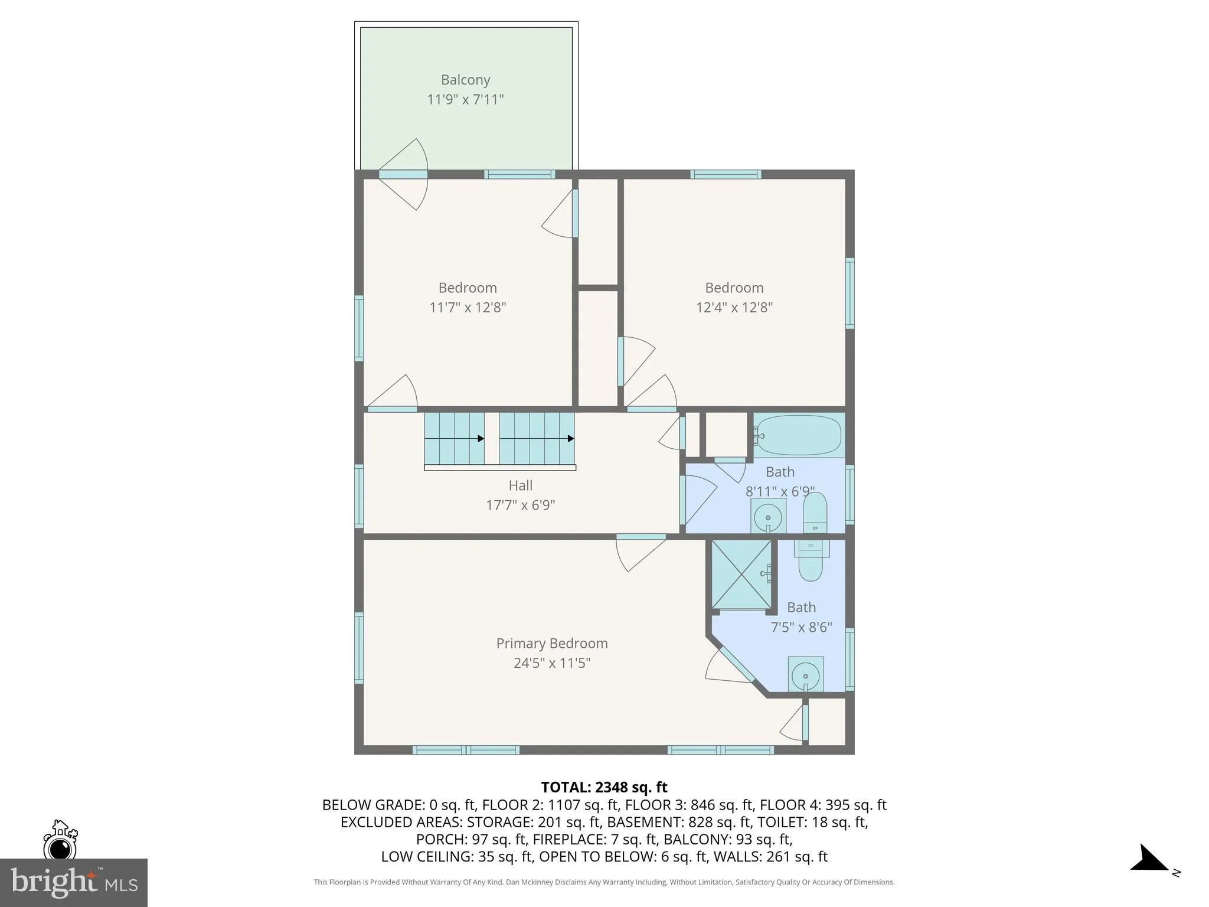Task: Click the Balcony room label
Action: pos(465,80)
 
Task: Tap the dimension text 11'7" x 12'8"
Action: pos(468,308)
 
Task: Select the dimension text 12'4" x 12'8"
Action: pos(734,308)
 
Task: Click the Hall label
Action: pos(520,485)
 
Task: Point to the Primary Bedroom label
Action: pos(551,643)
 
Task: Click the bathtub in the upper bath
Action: pos(799,435)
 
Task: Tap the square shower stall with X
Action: pos(741,574)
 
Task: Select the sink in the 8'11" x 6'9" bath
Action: pos(767,517)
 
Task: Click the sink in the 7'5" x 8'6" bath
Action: pos(805,674)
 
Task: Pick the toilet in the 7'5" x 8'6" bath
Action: pos(810,561)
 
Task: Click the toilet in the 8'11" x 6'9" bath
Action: pos(815,513)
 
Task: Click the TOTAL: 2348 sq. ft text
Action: pos(604,787)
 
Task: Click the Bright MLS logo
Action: pos(73,882)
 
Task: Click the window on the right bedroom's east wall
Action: pos(849,293)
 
